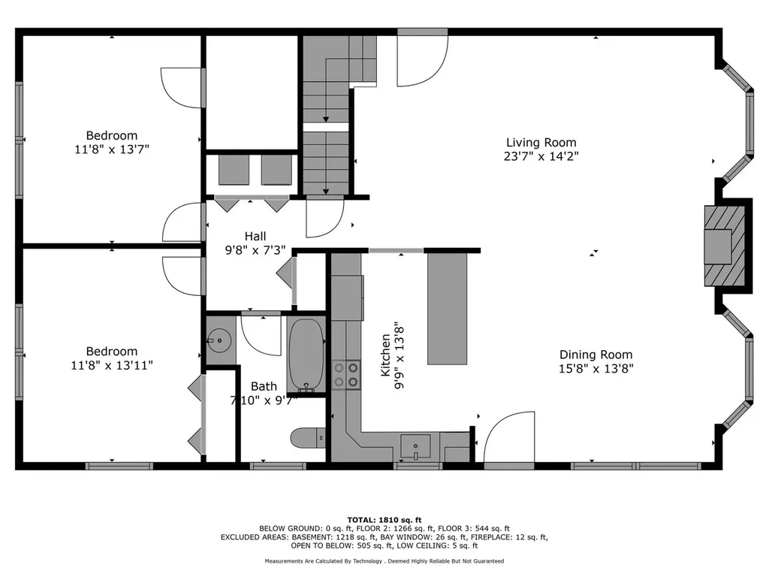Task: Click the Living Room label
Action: (541, 143)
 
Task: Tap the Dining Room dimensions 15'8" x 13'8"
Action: (596, 368)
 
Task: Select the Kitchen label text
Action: (385, 355)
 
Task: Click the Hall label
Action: (255, 237)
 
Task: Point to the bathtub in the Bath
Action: (306, 355)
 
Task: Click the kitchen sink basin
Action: (415, 446)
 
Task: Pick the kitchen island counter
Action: (448, 309)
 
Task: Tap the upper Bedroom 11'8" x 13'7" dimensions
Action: (111, 150)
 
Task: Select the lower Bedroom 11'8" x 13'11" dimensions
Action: (112, 366)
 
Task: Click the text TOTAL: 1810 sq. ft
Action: (384, 520)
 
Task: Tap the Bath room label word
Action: (264, 387)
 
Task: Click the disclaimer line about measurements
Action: (384, 560)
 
